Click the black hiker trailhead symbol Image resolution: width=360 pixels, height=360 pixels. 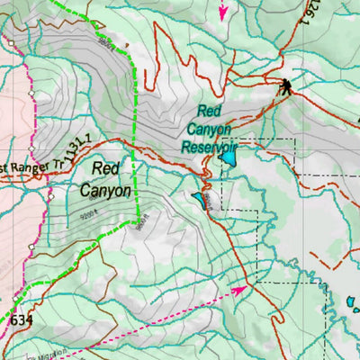coord(285,86)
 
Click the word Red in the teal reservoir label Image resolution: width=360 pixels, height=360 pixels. coord(210,112)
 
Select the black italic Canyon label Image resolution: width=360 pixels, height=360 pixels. coord(105,190)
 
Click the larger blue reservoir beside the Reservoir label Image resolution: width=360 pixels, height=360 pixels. coord(229,159)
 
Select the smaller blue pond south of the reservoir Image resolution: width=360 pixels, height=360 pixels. coord(197,195)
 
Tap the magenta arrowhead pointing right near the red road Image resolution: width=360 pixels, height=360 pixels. coord(240,290)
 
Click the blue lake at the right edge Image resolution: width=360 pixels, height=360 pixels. coord(352,305)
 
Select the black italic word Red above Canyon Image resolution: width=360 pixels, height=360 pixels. coord(106,168)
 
